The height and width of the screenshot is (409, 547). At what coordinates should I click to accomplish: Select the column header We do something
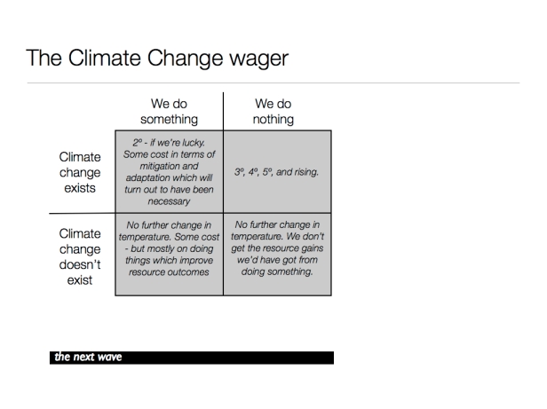[x=170, y=111]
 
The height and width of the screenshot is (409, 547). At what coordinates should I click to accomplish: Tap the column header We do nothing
[x=273, y=111]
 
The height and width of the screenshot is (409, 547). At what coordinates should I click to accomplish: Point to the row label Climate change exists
[x=80, y=172]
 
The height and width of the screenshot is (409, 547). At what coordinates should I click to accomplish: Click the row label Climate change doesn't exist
[x=80, y=256]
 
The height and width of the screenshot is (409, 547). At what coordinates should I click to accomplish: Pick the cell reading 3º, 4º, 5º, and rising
[x=276, y=172]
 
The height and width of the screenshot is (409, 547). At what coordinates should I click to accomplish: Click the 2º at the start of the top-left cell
[x=138, y=143]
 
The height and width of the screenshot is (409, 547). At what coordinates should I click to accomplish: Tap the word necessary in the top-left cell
[x=169, y=201]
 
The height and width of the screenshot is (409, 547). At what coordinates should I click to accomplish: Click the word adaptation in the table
[x=147, y=177]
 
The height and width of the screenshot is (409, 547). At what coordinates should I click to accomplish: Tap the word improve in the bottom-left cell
[x=197, y=261]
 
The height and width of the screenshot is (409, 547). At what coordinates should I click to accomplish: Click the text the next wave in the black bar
[x=88, y=357]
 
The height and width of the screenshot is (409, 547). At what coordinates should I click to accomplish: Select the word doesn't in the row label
[x=80, y=264]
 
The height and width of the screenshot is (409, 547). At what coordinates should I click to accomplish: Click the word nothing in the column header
[x=273, y=119]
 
